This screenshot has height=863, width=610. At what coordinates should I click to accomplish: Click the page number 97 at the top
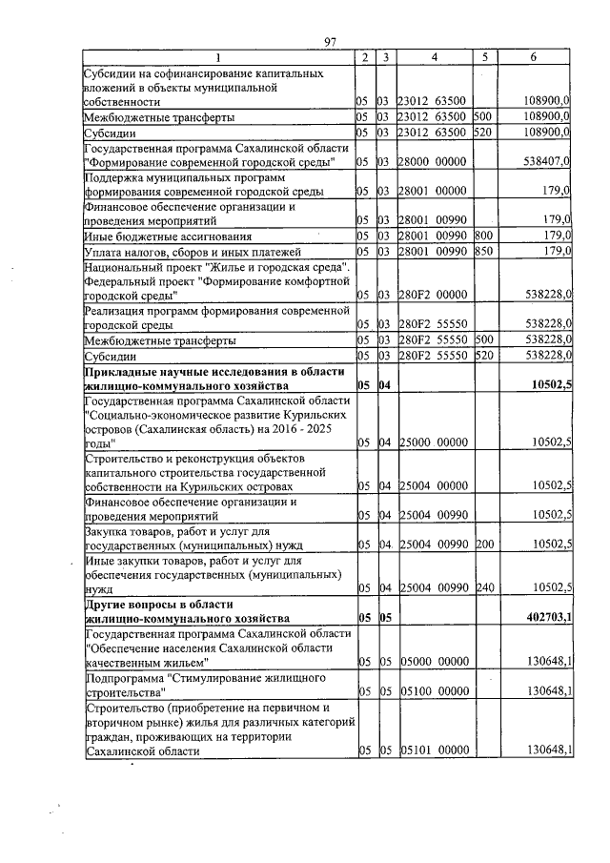click(332, 41)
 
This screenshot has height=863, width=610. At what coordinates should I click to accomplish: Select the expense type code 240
click(484, 588)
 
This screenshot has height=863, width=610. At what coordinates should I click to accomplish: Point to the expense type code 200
click(484, 545)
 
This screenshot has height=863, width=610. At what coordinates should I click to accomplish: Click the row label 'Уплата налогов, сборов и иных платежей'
click(185, 251)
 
